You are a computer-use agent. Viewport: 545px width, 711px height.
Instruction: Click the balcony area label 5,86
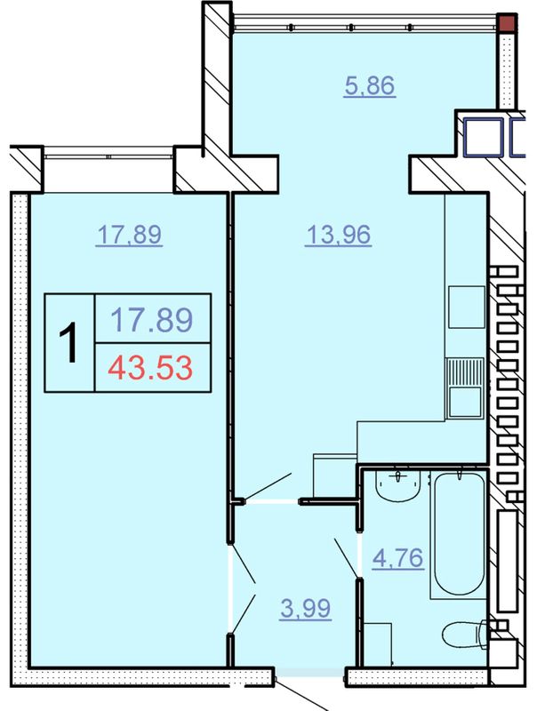coord(370,85)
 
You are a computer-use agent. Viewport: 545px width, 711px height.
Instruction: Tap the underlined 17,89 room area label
coord(129,235)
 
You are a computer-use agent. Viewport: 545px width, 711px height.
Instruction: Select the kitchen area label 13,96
coord(339,235)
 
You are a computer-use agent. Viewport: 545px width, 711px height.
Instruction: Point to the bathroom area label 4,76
coord(398,558)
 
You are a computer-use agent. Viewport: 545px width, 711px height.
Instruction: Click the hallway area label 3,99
coord(306,608)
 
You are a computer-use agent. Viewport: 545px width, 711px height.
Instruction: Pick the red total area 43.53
coord(150,368)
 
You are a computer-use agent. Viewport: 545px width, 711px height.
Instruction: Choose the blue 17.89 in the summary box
coord(152,319)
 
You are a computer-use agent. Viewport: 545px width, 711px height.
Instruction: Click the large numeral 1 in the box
coord(69,343)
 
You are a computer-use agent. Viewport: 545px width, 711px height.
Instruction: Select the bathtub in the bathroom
coord(459,534)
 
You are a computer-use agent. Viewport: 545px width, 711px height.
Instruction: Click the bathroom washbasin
coord(398,485)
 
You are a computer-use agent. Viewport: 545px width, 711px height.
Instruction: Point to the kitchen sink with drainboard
coord(465,387)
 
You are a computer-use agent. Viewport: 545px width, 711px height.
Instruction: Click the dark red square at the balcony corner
coord(506,23)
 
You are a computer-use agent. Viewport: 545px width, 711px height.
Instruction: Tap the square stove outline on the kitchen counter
coord(467,307)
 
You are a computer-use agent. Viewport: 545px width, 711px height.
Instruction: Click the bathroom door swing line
coord(346,558)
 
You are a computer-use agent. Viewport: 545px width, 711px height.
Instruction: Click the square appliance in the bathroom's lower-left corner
coord(378,644)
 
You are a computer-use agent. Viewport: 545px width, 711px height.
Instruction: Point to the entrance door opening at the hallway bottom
coord(310,672)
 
